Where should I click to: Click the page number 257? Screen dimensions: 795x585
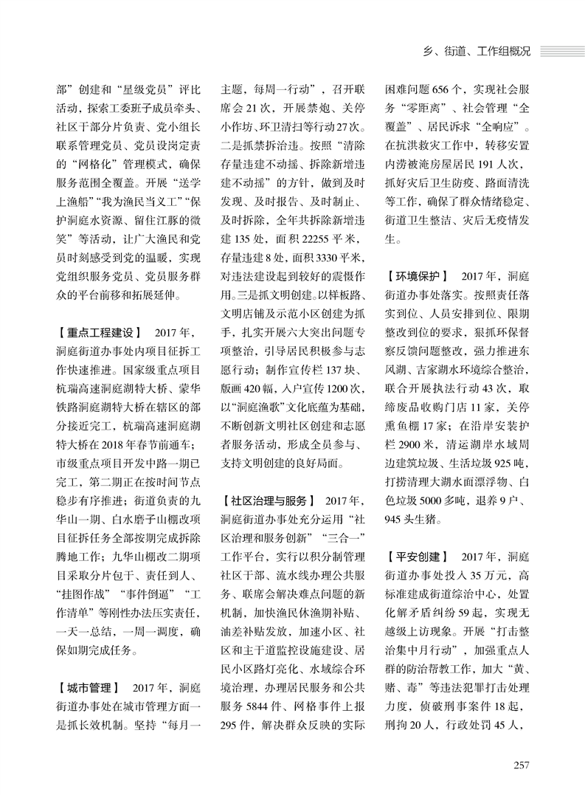tap(521, 764)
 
